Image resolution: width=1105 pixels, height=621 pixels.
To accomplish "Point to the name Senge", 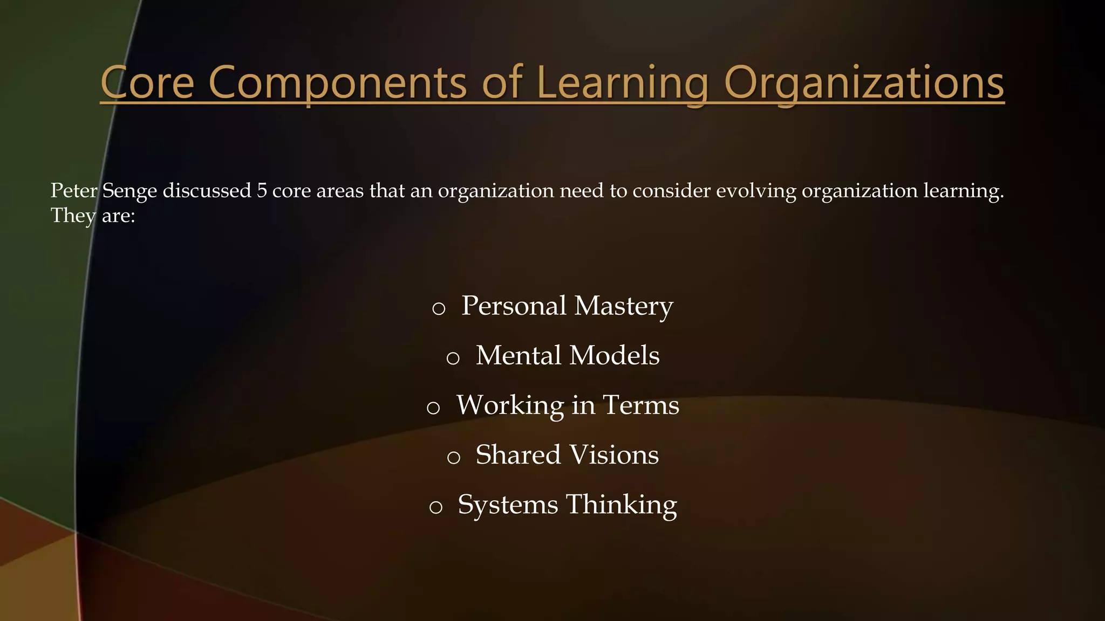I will [x=129, y=191].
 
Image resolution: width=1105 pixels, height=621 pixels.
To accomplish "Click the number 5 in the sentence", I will [x=262, y=191].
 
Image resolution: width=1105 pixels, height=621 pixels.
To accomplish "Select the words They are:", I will [x=93, y=216].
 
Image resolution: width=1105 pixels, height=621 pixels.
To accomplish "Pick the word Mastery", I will [x=624, y=306].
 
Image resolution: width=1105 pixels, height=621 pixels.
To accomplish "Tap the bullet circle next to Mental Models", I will [x=453, y=358].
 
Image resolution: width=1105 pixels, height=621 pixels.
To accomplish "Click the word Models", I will [x=614, y=356].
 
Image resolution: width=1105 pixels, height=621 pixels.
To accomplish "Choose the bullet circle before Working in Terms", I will [x=433, y=408].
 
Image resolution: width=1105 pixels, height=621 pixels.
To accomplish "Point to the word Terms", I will [x=640, y=405].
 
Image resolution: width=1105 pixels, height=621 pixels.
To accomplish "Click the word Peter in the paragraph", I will [x=74, y=191].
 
